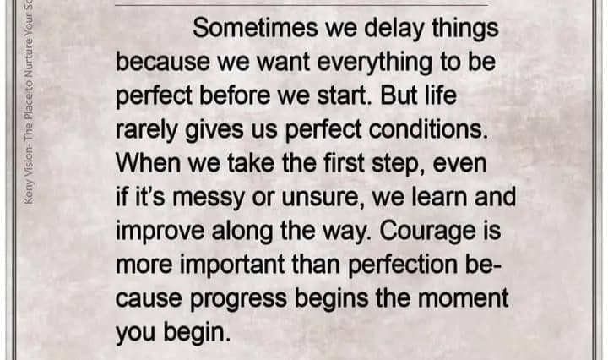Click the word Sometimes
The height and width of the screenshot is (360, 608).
pyautogui.click(x=255, y=29)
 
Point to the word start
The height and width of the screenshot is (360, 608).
pyautogui.click(x=342, y=95)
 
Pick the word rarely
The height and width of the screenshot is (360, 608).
pyautogui.click(x=146, y=131)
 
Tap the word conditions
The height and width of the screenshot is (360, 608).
pyautogui.click(x=428, y=129)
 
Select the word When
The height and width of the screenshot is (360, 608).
pyautogui.click(x=148, y=163)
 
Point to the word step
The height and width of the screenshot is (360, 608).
pyautogui.click(x=399, y=165)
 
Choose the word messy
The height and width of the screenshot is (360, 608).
pyautogui.click(x=209, y=199)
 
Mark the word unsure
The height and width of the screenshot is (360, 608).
pyautogui.click(x=321, y=198)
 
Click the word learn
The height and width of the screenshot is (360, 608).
pyautogui.click(x=439, y=197)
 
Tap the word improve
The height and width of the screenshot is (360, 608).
pyautogui.click(x=160, y=232)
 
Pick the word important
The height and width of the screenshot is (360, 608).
pyautogui.click(x=232, y=265)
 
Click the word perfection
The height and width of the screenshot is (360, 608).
pyautogui.click(x=403, y=265)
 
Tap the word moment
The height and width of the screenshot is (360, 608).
pyautogui.click(x=463, y=298)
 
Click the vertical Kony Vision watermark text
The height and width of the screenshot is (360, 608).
pyautogui.click(x=29, y=101)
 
